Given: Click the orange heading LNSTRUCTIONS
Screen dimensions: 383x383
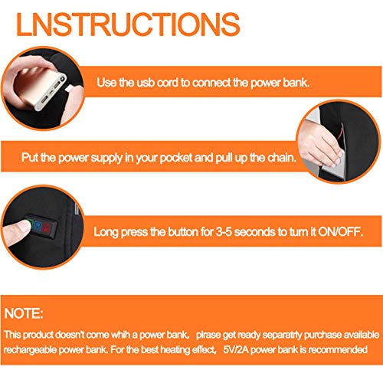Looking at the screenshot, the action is click(x=128, y=25).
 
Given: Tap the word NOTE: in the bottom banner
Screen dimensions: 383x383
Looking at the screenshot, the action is click(x=24, y=313).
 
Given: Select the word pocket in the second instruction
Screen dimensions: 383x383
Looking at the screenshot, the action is click(x=176, y=158).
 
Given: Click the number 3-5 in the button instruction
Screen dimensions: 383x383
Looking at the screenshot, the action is click(x=224, y=232).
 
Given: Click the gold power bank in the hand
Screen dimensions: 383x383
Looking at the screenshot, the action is click(x=41, y=87).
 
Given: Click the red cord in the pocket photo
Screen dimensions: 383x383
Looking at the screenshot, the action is click(x=340, y=132).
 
